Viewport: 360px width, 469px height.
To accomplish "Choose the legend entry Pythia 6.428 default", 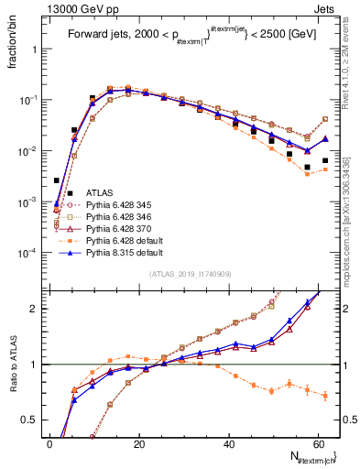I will tap(119, 240).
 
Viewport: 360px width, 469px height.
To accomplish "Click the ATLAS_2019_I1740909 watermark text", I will tap(189, 274).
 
